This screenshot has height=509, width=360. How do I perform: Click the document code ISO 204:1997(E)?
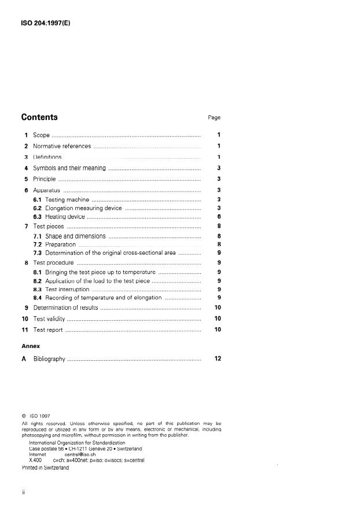coord(46,24)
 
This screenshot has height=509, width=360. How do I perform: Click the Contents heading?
coord(39,117)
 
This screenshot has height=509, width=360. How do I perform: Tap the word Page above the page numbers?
coord(214,118)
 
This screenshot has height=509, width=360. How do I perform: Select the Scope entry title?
coord(41,135)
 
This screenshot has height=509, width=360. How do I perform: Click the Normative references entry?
coord(62,146)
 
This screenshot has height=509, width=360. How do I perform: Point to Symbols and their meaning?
coord(69,168)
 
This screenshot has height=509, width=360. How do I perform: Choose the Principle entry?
coord(44,179)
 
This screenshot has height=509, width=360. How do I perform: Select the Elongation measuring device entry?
coord(83,208)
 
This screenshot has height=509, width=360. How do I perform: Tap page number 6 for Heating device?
coord(219,217)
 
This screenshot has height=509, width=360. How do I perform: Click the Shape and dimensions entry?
coord(75,236)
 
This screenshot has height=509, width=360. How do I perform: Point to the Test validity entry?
coord(47,318)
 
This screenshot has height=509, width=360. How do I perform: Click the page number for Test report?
coord(218,329)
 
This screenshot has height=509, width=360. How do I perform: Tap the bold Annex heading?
coord(31,346)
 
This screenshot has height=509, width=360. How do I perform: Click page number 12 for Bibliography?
coord(218,358)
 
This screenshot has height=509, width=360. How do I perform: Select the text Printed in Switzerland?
coord(45,467)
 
